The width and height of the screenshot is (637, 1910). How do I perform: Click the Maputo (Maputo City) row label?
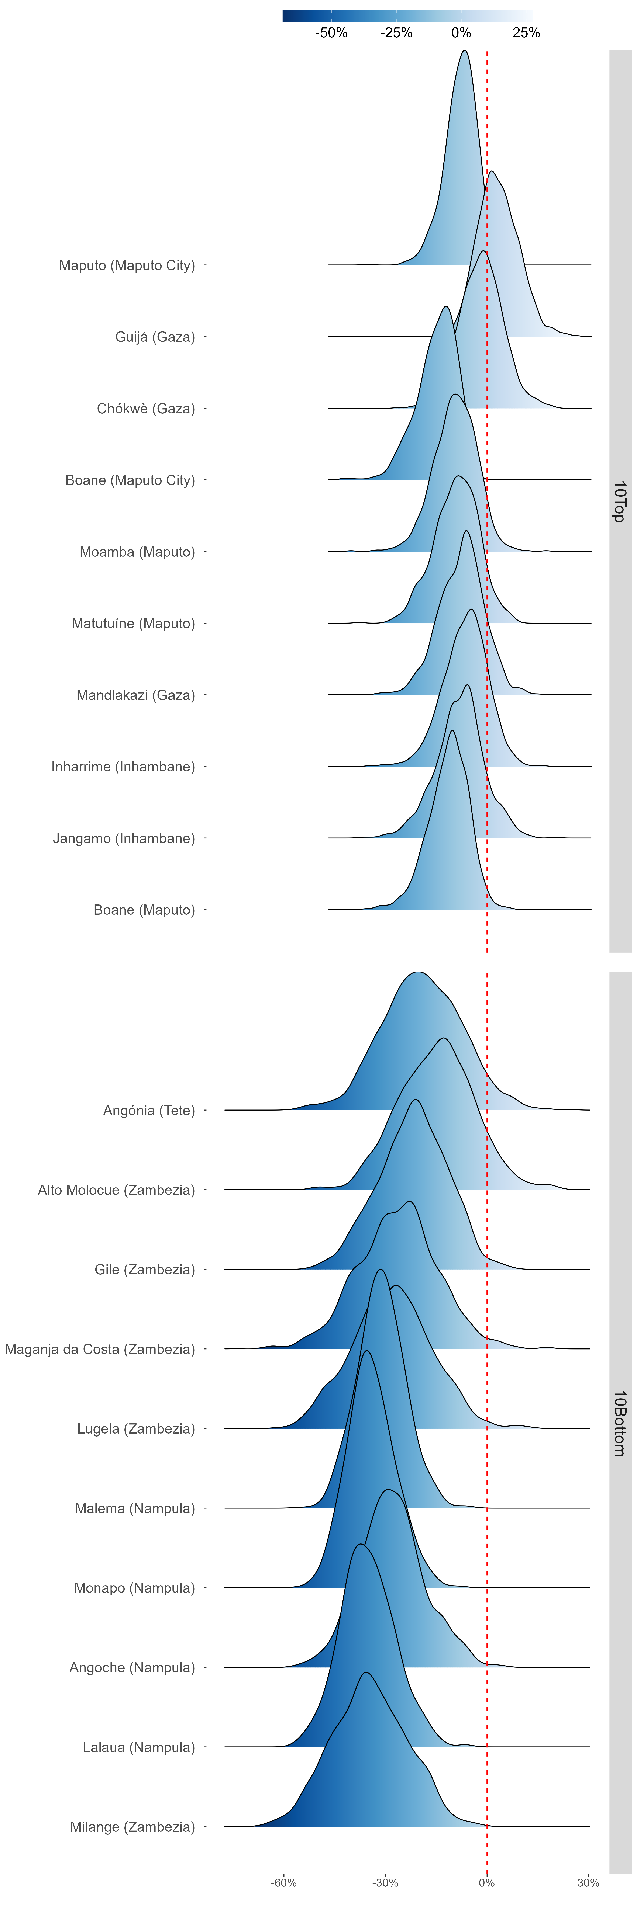click(x=127, y=265)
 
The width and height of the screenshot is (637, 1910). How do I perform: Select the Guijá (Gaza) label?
click(x=155, y=337)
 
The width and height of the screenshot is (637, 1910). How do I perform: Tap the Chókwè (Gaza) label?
click(x=146, y=409)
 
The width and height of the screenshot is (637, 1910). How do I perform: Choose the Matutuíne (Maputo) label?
click(x=134, y=624)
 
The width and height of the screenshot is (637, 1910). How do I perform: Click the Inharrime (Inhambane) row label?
click(x=123, y=767)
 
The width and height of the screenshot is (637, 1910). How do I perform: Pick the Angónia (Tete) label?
click(x=149, y=1111)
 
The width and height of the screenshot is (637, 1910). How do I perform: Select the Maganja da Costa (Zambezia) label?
click(x=100, y=1350)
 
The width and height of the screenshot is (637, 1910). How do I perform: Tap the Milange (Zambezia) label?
click(x=133, y=1827)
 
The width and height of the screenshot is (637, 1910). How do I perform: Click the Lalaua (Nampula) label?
click(x=139, y=1748)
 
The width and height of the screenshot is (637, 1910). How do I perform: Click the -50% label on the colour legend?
click(x=331, y=33)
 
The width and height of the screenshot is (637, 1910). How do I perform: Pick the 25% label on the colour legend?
click(x=526, y=33)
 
